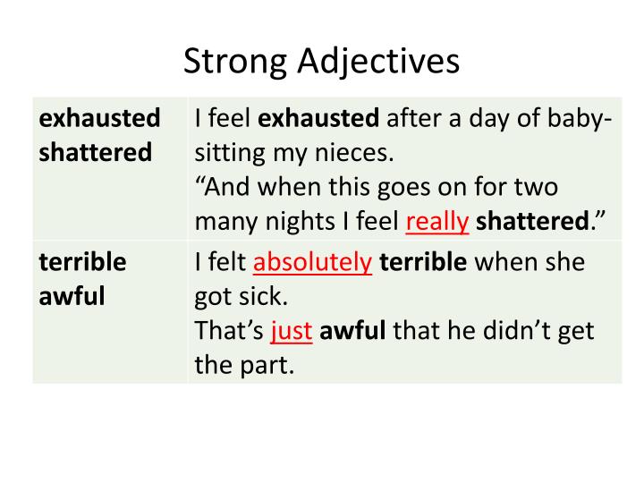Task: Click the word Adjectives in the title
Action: click(380, 61)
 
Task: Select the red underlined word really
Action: click(437, 221)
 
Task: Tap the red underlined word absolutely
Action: click(313, 263)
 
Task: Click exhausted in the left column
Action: click(100, 118)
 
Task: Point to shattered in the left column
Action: click(96, 152)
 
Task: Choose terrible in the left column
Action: click(83, 263)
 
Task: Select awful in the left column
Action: click(72, 297)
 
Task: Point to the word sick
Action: click(267, 297)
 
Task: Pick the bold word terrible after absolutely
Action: click(423, 263)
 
